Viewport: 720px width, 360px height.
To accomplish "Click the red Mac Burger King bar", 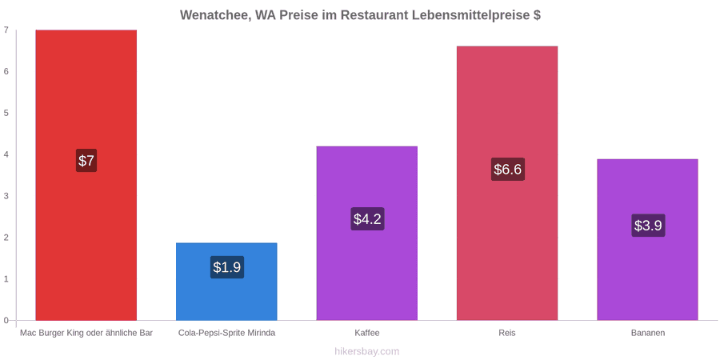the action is tap(86, 175).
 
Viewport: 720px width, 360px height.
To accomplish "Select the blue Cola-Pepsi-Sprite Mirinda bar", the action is tap(226, 282).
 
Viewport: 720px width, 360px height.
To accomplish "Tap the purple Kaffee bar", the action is tap(367, 234).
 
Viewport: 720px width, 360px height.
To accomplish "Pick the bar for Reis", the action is tap(507, 183).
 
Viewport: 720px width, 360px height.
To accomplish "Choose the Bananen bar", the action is tap(647, 240).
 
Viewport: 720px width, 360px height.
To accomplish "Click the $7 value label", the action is tap(86, 161).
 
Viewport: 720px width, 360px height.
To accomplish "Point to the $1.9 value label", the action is tap(227, 266).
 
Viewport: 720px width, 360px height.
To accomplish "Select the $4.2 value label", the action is tap(367, 218).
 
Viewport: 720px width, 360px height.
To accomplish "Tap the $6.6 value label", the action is tap(508, 169).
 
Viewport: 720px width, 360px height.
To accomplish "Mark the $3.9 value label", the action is tap(648, 226).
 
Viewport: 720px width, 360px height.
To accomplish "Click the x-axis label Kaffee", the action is tap(367, 333).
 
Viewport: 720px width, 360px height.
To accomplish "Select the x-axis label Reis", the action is tap(507, 333).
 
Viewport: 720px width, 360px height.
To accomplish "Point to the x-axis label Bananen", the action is tap(647, 333).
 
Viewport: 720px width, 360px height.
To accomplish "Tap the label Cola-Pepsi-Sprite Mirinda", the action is tap(227, 333).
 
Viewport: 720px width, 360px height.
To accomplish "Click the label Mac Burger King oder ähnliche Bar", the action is tap(86, 333).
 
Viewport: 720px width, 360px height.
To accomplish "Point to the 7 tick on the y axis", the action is tap(6, 30).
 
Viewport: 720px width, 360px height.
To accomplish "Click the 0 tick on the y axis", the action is tap(6, 321).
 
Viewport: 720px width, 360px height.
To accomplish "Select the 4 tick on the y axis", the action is tap(6, 154).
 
